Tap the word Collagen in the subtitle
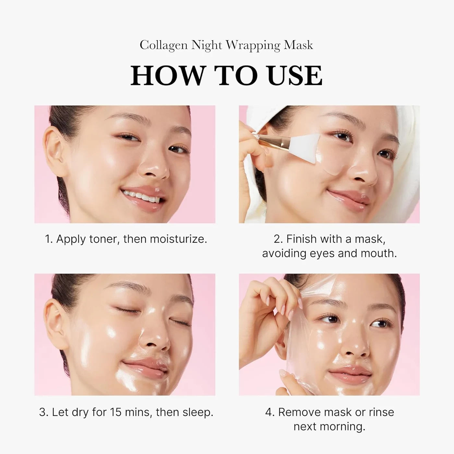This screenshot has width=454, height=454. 163,45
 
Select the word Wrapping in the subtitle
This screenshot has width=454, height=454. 253,45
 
